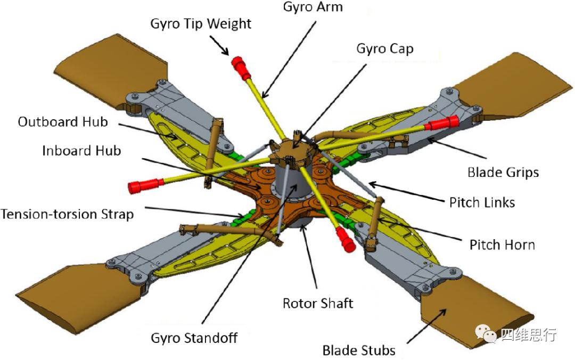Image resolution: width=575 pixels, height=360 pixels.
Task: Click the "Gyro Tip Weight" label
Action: click(201, 24)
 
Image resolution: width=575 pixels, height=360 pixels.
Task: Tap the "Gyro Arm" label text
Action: click(313, 7)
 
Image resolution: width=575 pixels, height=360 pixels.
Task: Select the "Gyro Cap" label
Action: click(385, 49)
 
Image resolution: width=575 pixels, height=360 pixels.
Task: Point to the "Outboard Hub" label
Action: click(63, 122)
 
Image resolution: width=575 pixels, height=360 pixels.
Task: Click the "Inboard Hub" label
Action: click(81, 151)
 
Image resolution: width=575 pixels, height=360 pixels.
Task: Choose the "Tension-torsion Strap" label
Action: click(67, 214)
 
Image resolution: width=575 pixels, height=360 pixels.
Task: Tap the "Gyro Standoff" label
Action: click(194, 338)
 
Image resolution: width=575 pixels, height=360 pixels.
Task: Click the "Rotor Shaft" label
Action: click(317, 304)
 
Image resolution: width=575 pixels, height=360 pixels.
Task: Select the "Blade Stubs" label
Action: click(359, 350)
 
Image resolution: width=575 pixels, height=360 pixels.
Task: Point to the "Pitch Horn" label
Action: click(502, 245)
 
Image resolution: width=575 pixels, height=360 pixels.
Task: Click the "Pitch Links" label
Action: click(482, 202)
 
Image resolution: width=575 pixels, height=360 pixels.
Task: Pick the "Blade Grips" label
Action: click(503, 173)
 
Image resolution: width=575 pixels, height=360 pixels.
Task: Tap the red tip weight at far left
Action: click(145, 185)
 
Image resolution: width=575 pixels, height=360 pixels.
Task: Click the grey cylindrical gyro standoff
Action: click(291, 182)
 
